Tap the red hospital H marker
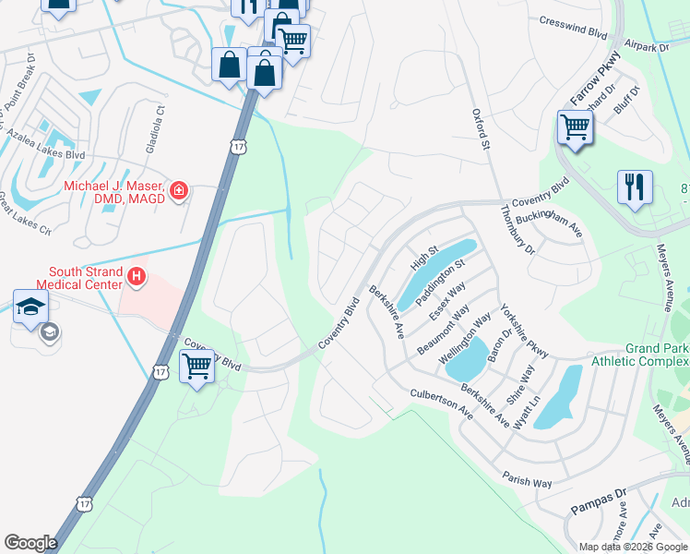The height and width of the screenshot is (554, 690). click(137, 276)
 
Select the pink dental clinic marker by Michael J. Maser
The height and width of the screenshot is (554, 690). click(178, 192)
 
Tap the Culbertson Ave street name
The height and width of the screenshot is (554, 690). click(441, 403)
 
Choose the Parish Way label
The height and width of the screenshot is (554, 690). click(527, 456)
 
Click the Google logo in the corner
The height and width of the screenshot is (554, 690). click(30, 543)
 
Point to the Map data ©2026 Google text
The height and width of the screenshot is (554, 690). click(632, 546)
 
